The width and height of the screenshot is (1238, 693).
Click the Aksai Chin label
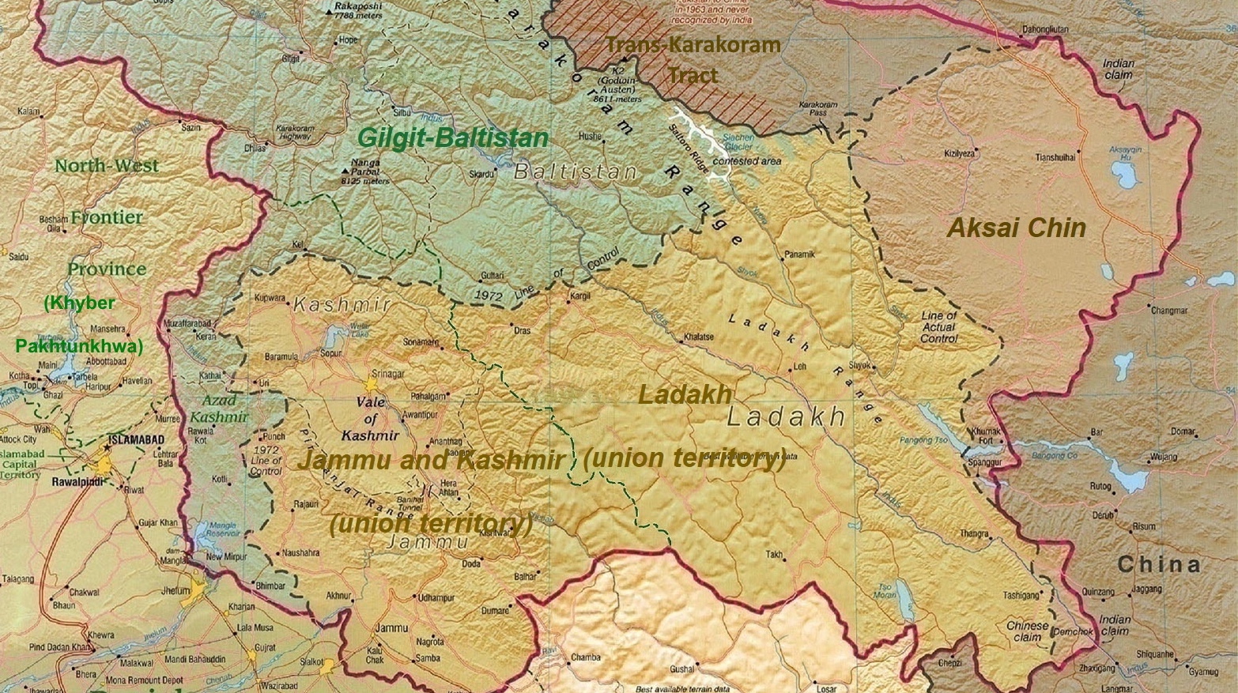[1016, 228]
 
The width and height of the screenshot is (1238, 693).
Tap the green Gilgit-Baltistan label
[452, 137]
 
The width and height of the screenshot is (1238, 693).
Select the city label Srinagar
[388, 373]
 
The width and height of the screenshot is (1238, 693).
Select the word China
[1158, 565]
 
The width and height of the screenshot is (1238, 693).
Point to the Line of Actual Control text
[938, 327]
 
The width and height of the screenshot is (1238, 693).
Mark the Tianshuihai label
[1055, 158]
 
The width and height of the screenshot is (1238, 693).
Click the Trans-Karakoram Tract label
[693, 59]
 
